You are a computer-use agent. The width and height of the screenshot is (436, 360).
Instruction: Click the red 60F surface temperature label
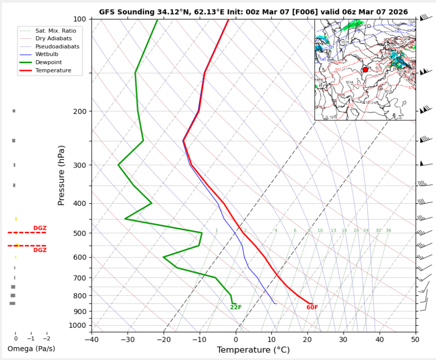click(x=312, y=307)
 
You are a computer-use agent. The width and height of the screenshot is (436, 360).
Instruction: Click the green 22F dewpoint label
click(x=236, y=307)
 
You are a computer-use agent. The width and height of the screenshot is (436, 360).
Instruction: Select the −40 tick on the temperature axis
click(x=92, y=340)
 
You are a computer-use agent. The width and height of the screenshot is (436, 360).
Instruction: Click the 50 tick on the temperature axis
click(x=416, y=340)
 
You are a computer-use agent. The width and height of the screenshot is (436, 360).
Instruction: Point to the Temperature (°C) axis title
click(x=253, y=350)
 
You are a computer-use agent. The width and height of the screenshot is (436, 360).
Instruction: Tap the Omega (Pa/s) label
click(x=31, y=349)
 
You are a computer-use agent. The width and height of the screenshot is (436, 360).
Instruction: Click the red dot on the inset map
click(x=365, y=70)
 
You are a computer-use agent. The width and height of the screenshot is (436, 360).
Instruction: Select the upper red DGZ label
click(x=40, y=228)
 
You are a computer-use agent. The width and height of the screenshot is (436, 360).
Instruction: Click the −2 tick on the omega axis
click(x=46, y=337)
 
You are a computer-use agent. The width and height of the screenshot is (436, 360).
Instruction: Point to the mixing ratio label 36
click(x=388, y=231)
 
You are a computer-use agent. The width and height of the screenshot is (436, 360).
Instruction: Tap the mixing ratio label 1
click(x=217, y=231)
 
